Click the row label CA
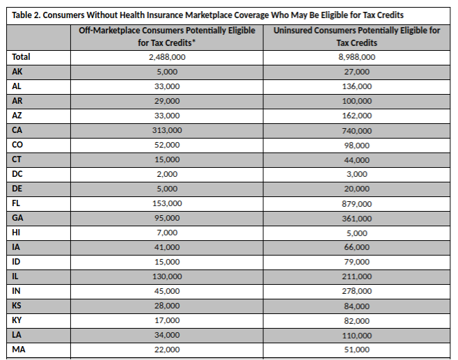coord(17,130)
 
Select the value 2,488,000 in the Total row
coord(167,57)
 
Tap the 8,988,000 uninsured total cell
coord(356,57)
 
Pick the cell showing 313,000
coord(167,130)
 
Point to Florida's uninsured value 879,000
coord(356,203)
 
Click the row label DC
coord(17,174)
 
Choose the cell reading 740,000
coord(356,131)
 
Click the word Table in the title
coord(22,15)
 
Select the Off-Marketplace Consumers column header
coord(167,36)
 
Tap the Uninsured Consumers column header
coord(356,36)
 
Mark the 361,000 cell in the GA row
coord(356,218)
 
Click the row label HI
coord(16,233)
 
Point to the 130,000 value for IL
coord(167,276)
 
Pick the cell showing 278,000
coord(356,291)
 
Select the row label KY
coord(17,320)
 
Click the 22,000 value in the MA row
coord(167,350)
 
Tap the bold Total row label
coord(21,56)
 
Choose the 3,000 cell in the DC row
coord(356,174)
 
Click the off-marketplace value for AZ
coord(167,116)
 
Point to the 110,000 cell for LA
coord(356,335)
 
